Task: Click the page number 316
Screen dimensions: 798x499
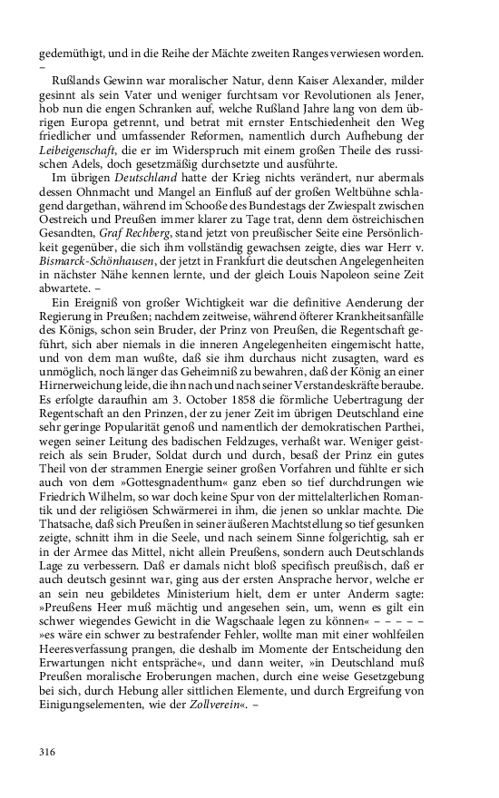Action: click(x=48, y=751)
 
